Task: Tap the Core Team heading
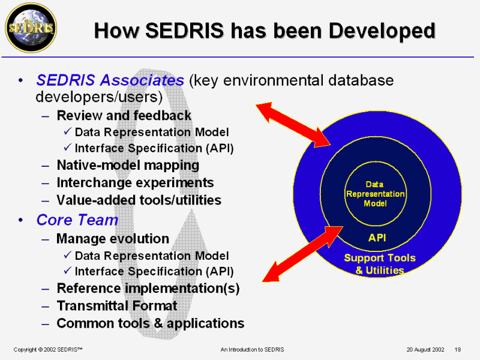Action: click(x=77, y=220)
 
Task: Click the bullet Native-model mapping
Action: click(x=128, y=165)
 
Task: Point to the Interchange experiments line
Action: click(x=135, y=182)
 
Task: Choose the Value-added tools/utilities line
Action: click(x=139, y=200)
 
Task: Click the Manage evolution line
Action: click(x=113, y=239)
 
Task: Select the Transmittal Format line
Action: click(x=117, y=306)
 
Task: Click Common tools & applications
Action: click(x=150, y=323)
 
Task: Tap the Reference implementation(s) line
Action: click(x=148, y=289)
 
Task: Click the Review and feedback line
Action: click(x=124, y=115)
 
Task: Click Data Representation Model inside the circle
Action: click(x=376, y=194)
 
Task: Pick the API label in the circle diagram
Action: click(x=377, y=238)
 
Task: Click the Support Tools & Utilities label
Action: click(x=379, y=264)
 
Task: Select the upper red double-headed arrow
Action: click(x=293, y=124)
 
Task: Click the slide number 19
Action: click(x=458, y=349)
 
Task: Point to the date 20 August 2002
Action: click(x=425, y=349)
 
